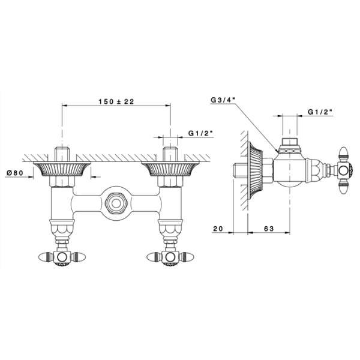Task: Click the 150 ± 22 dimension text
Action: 116,101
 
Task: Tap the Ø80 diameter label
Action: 15,173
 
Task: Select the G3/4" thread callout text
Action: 223,100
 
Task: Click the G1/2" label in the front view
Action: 200,133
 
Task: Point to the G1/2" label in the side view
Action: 320,112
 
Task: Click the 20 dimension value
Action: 218,229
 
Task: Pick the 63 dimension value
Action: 269,229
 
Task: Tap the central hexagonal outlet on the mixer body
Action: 116,203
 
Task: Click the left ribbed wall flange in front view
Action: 62,169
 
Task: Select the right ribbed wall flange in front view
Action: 170,169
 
